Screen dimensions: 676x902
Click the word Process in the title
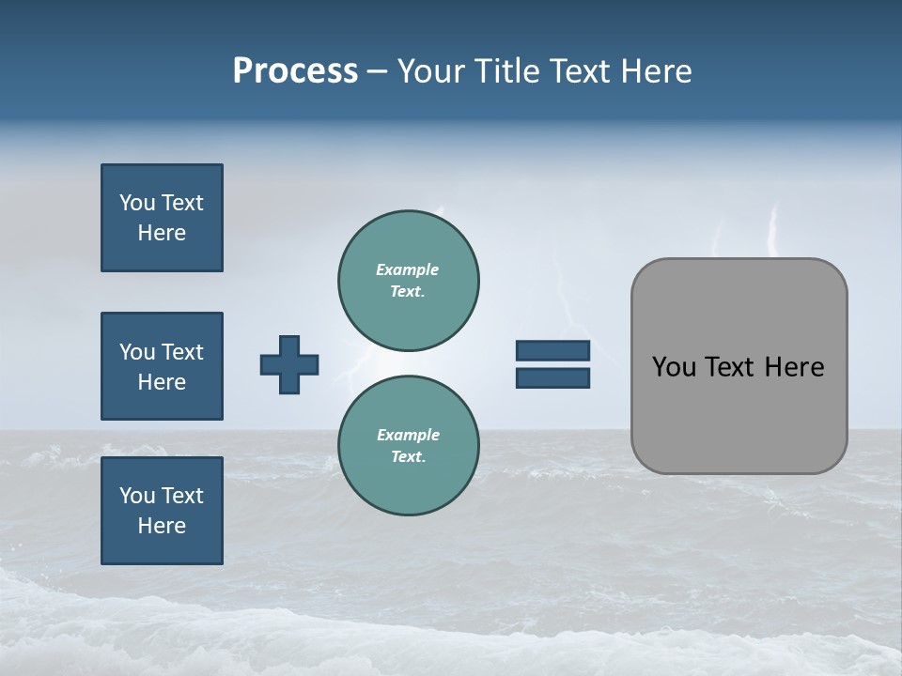tap(295, 71)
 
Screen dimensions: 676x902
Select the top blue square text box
tap(162, 218)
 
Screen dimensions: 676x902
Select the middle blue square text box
tap(162, 366)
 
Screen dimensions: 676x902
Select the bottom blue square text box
tap(162, 511)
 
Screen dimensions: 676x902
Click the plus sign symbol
tap(289, 364)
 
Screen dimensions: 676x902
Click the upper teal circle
tap(409, 280)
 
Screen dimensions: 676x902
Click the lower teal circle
tap(409, 445)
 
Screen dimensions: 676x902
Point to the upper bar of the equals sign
tap(552, 351)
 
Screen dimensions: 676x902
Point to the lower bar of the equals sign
tap(552, 377)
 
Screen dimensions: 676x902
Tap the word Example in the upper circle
tap(408, 269)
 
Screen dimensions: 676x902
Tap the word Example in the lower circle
tap(408, 435)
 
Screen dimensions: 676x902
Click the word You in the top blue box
tap(136, 203)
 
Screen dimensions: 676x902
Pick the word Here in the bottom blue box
tap(162, 526)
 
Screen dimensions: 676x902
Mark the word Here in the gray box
tap(794, 367)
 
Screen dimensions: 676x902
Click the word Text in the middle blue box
tap(182, 352)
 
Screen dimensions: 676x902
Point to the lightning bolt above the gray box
tap(773, 230)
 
